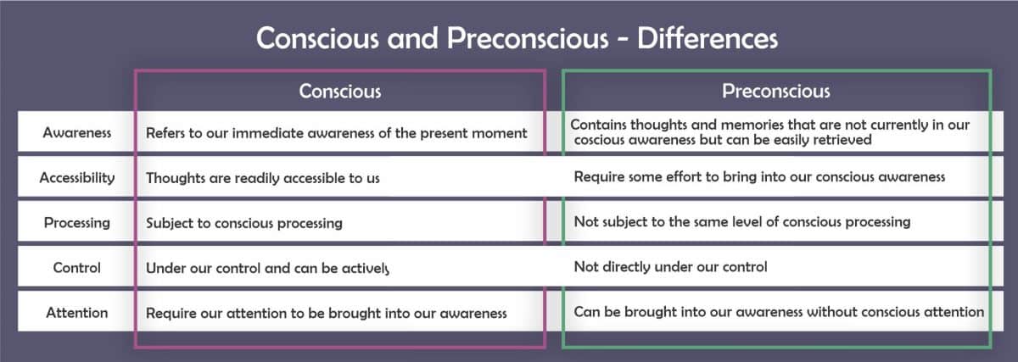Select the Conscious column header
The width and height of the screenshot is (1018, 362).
coord(339,91)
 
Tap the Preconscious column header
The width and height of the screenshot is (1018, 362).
coord(775,91)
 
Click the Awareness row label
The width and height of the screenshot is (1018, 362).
coord(77,133)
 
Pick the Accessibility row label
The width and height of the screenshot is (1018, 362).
coord(77,178)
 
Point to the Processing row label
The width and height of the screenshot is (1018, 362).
coord(77,223)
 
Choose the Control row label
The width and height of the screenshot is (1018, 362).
coord(77,267)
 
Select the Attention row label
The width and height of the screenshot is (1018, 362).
coord(77,313)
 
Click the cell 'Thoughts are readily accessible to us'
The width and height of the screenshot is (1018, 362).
coord(262,178)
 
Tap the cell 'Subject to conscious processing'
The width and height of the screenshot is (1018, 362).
coord(243,223)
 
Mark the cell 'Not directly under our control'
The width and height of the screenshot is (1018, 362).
coord(670,267)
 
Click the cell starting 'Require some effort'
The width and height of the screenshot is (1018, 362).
coord(759,177)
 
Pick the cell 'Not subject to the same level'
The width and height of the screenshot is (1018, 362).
coord(741,222)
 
